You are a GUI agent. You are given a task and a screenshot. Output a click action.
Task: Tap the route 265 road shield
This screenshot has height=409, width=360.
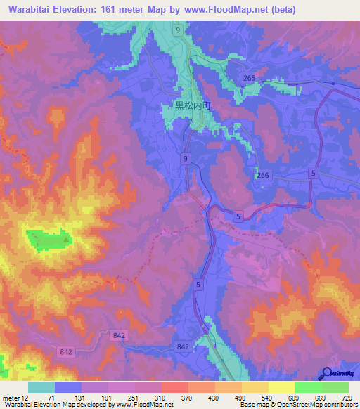247,78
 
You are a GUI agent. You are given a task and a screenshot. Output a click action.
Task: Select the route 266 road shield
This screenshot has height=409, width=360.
263,176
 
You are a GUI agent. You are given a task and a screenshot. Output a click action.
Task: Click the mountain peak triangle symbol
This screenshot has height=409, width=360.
67,240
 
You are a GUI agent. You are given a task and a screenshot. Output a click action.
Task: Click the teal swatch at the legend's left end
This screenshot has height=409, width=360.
41,387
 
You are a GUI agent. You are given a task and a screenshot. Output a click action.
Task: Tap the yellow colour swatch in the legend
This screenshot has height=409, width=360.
281,387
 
